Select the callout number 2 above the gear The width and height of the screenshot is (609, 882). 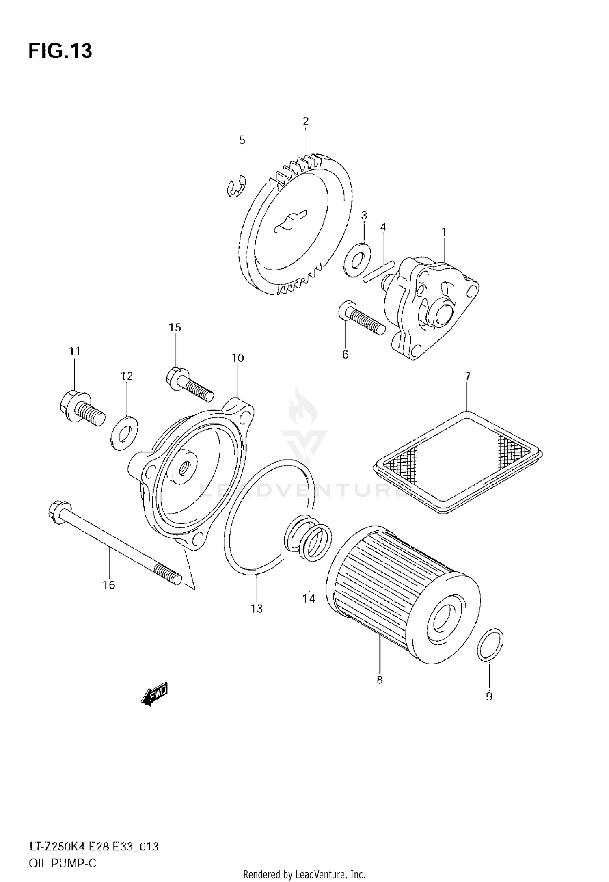click(x=306, y=121)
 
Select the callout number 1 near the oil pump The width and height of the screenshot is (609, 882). click(x=443, y=232)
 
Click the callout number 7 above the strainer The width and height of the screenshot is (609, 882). click(x=467, y=376)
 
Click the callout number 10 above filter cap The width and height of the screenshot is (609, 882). click(x=238, y=358)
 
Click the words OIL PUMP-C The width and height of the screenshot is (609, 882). click(x=63, y=850)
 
